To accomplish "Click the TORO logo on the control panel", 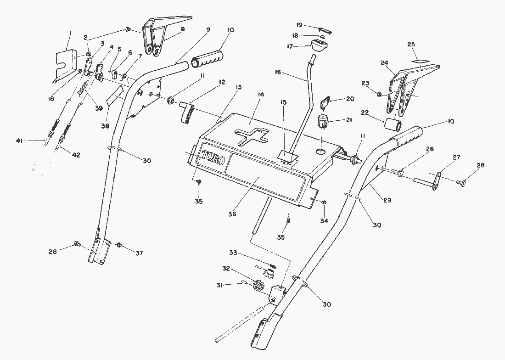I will coord(211,160).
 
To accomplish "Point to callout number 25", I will coord(410,45).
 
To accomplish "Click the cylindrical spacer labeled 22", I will coord(393,124).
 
